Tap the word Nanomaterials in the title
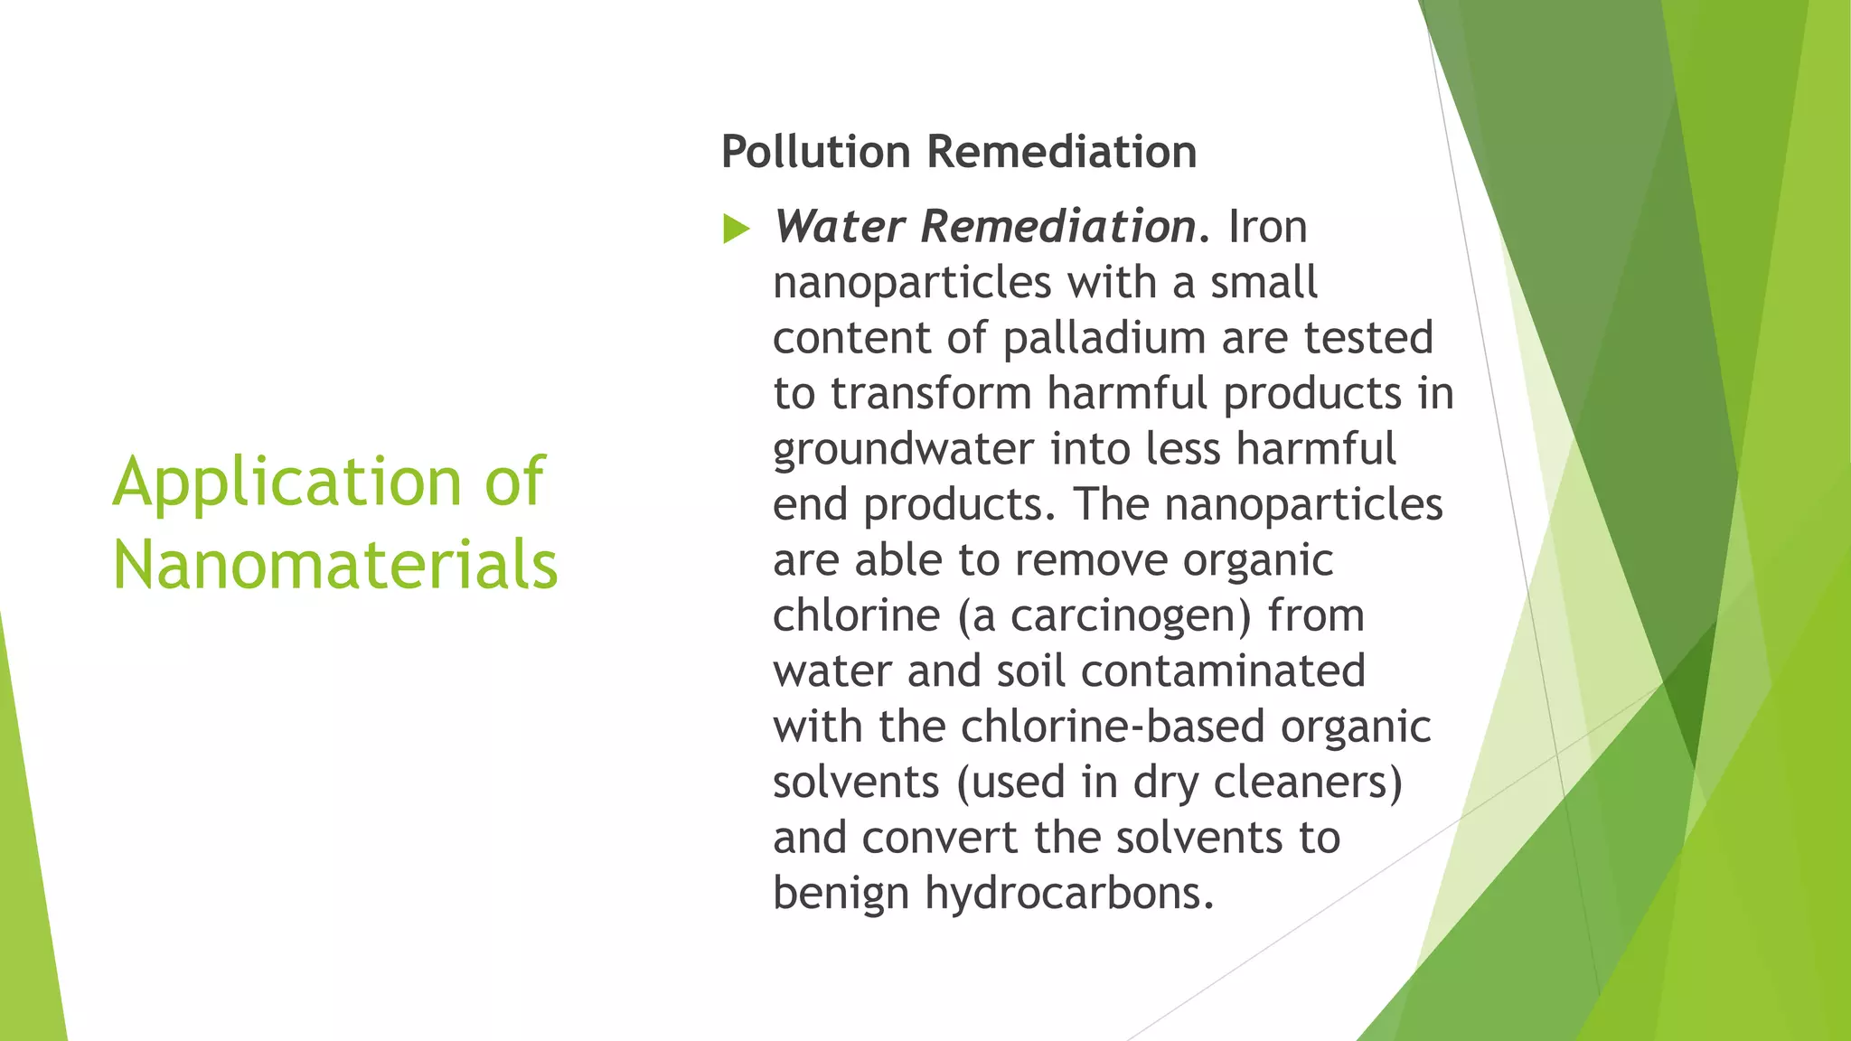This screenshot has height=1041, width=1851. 334,565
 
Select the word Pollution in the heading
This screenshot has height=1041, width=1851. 815,151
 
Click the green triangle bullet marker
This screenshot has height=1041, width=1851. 737,230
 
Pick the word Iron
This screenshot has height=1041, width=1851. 1267,226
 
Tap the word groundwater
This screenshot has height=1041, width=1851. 903,449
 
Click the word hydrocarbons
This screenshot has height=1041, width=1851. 1068,894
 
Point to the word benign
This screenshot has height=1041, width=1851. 841,894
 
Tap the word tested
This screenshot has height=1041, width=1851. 1368,338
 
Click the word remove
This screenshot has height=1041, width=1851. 1091,560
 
